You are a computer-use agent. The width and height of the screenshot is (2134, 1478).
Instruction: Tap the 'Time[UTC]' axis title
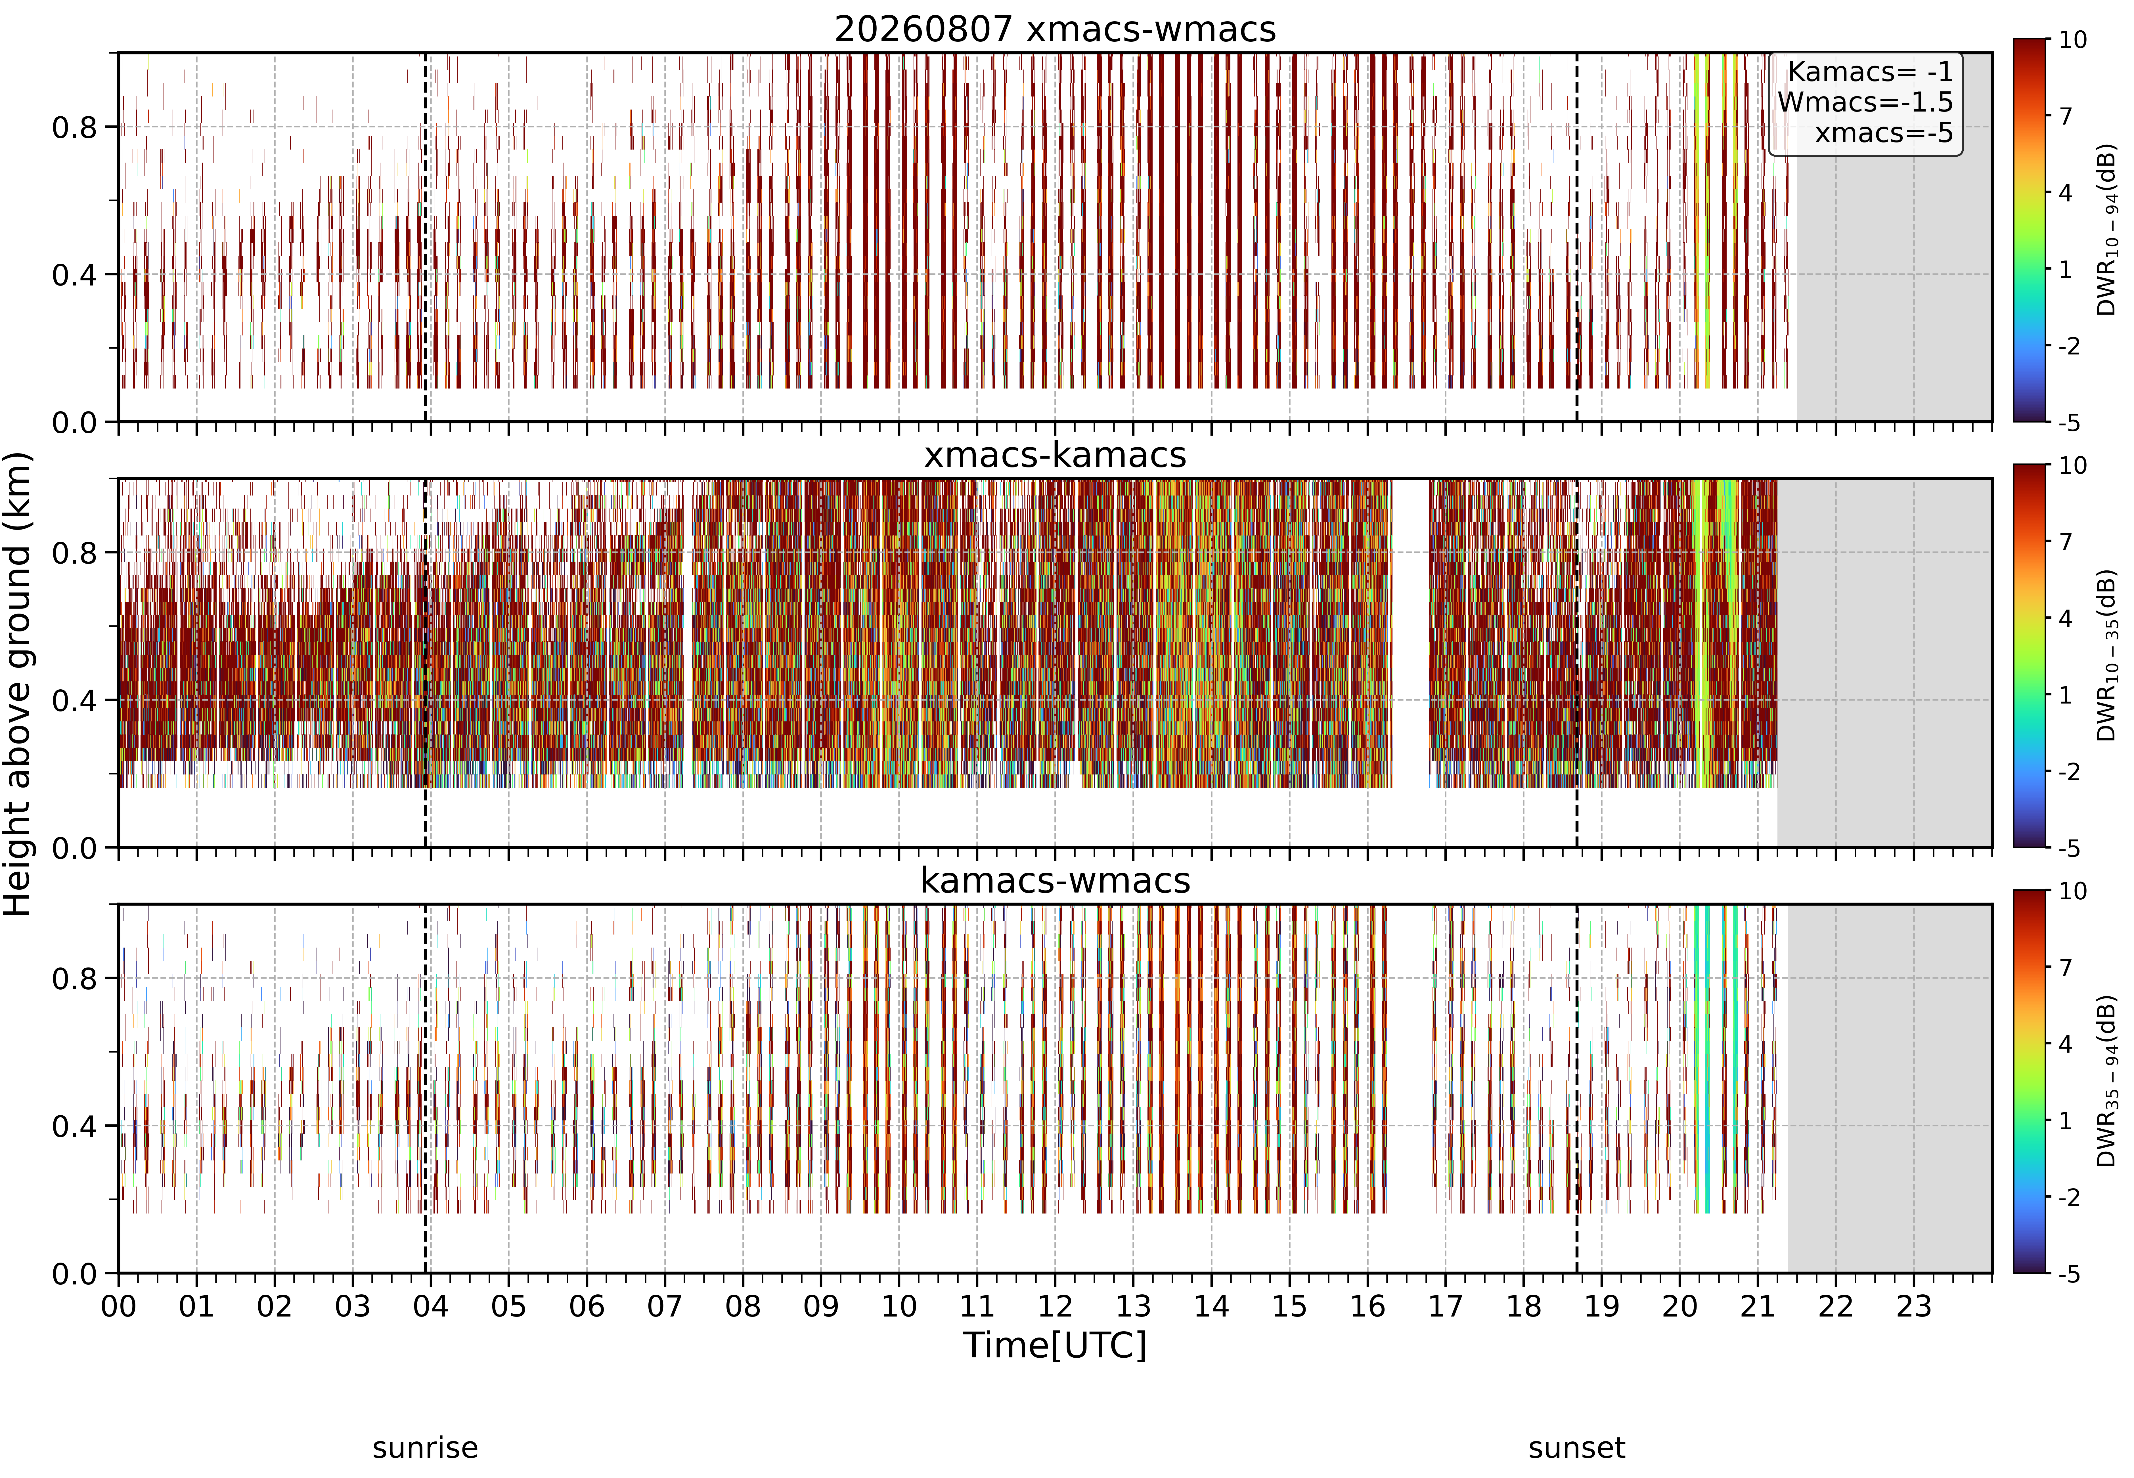coord(1055,1345)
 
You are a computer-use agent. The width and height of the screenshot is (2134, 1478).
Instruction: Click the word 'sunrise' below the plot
coord(425,1447)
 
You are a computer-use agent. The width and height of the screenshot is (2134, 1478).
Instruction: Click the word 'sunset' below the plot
coord(1576,1447)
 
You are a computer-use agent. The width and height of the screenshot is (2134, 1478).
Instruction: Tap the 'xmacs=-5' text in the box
coord(1884,133)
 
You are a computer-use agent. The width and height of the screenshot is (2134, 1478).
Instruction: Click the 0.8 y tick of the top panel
coord(74,127)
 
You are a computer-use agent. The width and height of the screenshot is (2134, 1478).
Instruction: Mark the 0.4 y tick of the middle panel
coord(74,700)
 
